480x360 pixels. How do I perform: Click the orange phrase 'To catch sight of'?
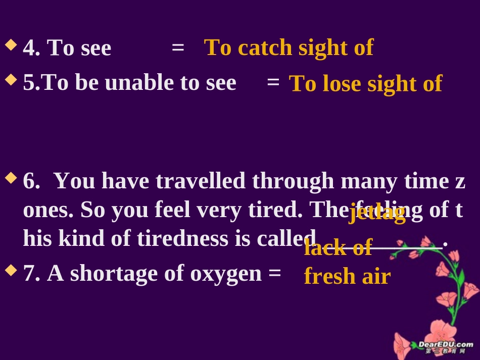point(289,48)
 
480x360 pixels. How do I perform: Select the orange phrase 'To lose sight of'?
point(365,84)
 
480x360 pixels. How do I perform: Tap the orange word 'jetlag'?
point(377,213)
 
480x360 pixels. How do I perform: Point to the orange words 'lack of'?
point(338,248)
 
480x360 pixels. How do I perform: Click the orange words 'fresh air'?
point(347,276)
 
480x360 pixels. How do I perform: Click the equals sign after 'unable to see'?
point(273,82)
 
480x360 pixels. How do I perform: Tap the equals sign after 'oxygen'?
point(274,274)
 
